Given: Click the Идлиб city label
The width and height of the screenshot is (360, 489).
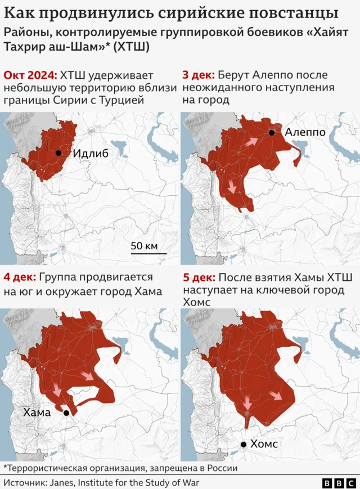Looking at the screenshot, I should pyautogui.click(x=91, y=154).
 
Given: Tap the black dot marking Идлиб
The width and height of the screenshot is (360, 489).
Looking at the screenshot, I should pyautogui.click(x=58, y=153).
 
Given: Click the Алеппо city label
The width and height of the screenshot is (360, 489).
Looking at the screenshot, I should pyautogui.click(x=305, y=132).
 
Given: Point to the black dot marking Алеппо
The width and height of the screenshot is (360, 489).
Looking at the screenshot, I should pyautogui.click(x=272, y=133).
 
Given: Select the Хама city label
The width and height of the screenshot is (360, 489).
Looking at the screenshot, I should pyautogui.click(x=37, y=412).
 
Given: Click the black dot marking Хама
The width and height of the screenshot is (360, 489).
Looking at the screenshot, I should pyautogui.click(x=66, y=413).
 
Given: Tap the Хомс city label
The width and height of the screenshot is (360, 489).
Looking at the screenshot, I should pyautogui.click(x=264, y=445).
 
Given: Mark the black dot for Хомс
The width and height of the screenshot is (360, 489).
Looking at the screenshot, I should pyautogui.click(x=244, y=445).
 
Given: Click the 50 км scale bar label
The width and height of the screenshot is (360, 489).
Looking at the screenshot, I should pyautogui.click(x=144, y=246).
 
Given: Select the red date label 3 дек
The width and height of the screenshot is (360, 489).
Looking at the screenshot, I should pyautogui.click(x=197, y=76).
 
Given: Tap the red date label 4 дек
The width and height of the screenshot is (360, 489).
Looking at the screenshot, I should pyautogui.click(x=19, y=277).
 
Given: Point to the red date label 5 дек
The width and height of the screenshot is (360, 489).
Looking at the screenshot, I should pyautogui.click(x=198, y=277).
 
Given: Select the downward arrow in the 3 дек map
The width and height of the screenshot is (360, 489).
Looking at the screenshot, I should pyautogui.click(x=231, y=188).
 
